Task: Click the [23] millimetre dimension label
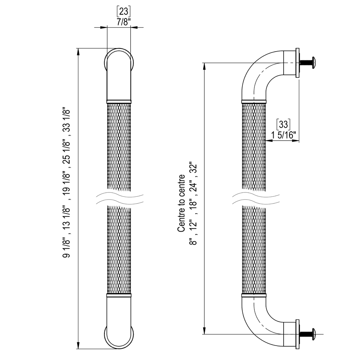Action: (124, 12)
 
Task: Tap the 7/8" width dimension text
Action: (124, 22)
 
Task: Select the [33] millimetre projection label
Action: (283, 124)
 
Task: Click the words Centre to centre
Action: (181, 203)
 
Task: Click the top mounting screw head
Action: (314, 62)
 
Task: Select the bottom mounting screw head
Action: (314, 334)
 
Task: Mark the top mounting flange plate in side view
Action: (297, 63)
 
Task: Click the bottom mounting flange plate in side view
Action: (297, 334)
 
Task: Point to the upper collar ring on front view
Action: (119, 102)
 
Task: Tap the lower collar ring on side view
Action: (254, 295)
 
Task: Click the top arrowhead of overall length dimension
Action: (78, 52)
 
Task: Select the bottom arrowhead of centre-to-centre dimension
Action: (204, 331)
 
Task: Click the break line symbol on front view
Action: (119, 198)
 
